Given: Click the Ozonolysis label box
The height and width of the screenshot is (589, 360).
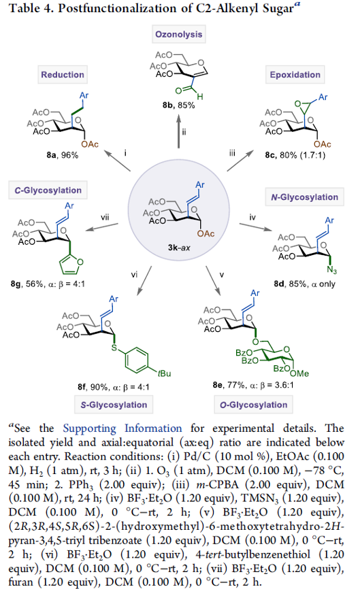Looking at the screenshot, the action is [178, 34].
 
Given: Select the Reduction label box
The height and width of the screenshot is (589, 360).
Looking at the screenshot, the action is [63, 74].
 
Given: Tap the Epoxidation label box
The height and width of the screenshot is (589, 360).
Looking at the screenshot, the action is [295, 74].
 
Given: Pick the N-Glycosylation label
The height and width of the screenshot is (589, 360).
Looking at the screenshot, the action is [304, 197].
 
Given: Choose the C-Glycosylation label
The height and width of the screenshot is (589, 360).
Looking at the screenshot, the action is [48, 190].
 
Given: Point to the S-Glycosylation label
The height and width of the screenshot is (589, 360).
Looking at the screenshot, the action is [114, 405].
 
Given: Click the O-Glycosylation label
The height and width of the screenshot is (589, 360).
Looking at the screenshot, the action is [254, 405].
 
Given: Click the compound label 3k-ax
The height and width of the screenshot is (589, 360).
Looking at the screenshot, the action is [179, 248].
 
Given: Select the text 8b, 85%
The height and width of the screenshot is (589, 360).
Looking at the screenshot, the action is [179, 105].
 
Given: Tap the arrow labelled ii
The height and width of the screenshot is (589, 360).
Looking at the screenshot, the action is [179, 131].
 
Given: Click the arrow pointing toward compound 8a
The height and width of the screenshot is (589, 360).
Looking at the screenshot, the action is [117, 161].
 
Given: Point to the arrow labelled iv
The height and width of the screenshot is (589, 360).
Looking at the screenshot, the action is [255, 227].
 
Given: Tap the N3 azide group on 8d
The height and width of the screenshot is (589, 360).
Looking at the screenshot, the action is [332, 270].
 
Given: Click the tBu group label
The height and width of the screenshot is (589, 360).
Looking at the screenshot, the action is [164, 373].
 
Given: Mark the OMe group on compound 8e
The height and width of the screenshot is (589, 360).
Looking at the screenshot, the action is [299, 373].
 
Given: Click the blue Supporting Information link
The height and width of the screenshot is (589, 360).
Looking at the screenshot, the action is [122, 428].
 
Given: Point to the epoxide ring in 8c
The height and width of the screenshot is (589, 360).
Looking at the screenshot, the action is [304, 105].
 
